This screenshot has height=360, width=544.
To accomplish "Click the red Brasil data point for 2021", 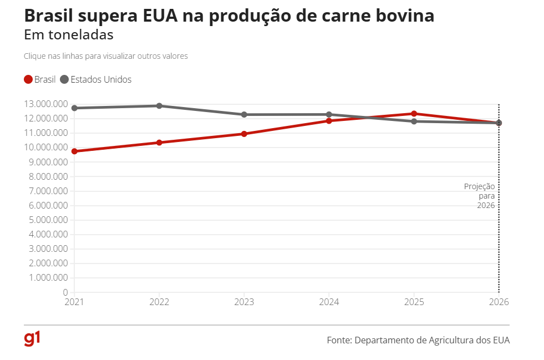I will click(x=74, y=151).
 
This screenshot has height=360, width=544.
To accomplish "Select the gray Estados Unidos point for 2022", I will click(x=159, y=106).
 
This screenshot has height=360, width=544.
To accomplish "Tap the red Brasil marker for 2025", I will click(x=414, y=114).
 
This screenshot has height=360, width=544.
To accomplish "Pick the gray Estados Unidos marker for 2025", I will click(x=414, y=121).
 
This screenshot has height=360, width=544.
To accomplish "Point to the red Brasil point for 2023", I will click(x=244, y=134).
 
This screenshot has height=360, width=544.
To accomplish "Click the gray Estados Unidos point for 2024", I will click(x=329, y=115).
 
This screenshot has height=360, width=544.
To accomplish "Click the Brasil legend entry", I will click(x=40, y=79).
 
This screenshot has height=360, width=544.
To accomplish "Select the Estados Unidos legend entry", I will click(x=95, y=79).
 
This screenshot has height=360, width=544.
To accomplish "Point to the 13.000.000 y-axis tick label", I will click(x=46, y=104).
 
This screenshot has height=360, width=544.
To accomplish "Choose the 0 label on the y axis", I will click(x=65, y=292).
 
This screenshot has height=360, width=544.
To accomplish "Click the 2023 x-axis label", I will click(x=244, y=302).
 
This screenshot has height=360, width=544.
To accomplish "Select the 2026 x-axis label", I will click(x=499, y=302).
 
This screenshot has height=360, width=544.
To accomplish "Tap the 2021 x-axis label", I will click(x=74, y=302).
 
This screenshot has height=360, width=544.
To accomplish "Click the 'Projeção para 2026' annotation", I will click(x=480, y=196).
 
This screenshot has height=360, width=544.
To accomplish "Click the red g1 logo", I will click(x=32, y=338).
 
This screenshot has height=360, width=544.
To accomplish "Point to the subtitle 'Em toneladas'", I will click(x=69, y=35).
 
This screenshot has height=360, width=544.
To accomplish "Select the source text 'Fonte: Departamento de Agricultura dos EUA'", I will click(x=418, y=340).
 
